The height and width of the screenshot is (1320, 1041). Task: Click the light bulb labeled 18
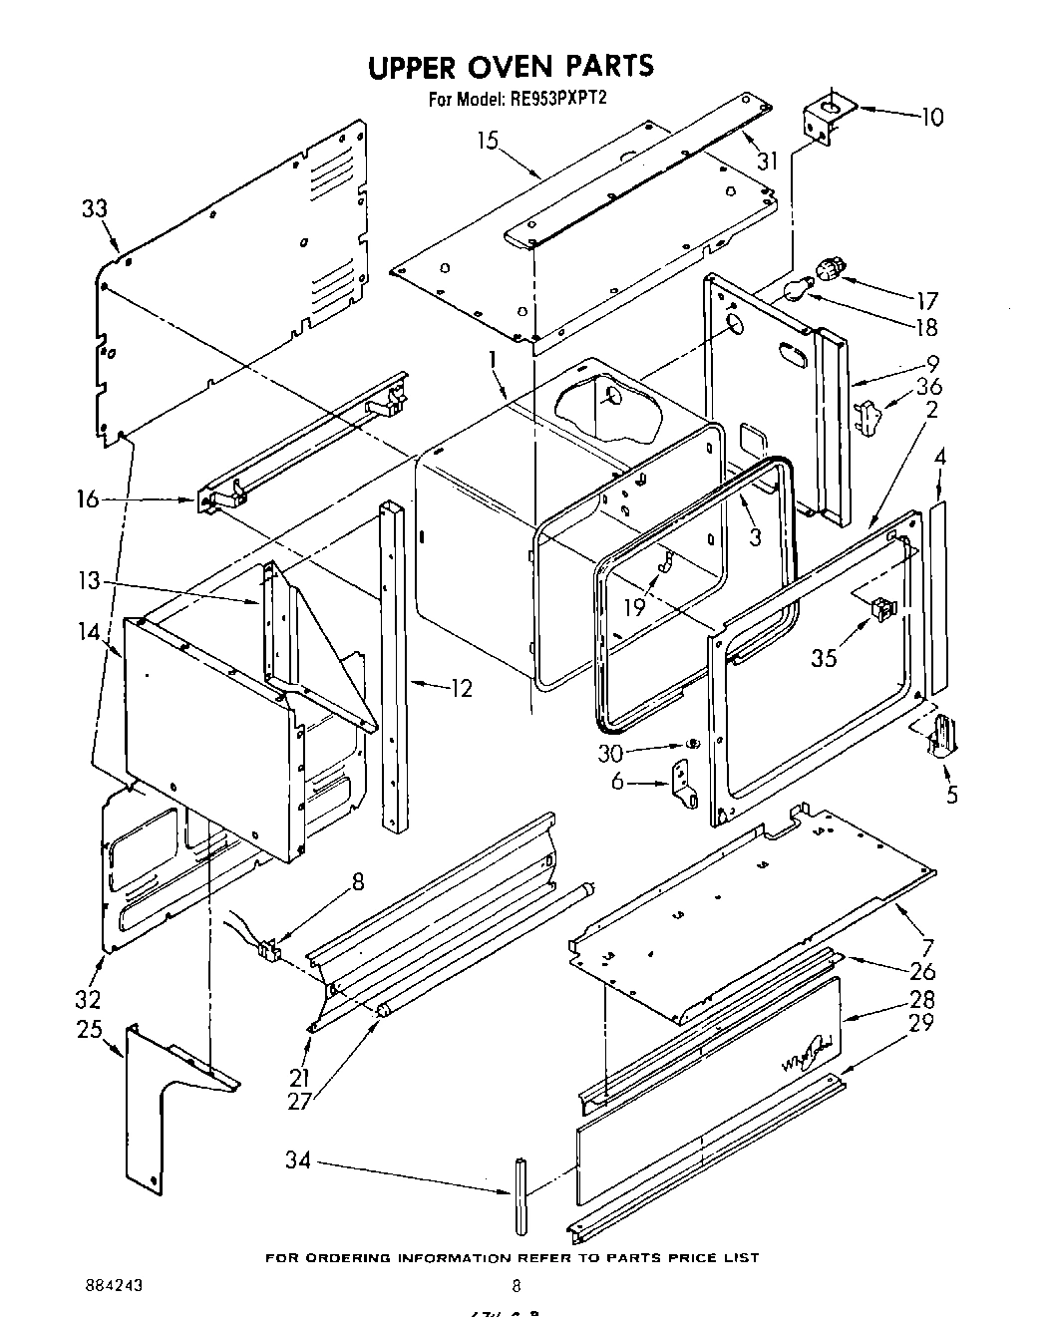(x=795, y=290)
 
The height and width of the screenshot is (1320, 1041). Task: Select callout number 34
(x=297, y=1159)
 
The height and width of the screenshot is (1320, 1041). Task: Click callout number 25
(x=91, y=1028)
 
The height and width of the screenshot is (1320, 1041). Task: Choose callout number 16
(x=88, y=498)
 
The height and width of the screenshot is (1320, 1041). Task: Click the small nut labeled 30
(x=690, y=745)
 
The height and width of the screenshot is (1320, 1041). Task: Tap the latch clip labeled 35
(x=882, y=607)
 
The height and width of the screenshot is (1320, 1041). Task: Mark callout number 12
(x=460, y=688)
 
